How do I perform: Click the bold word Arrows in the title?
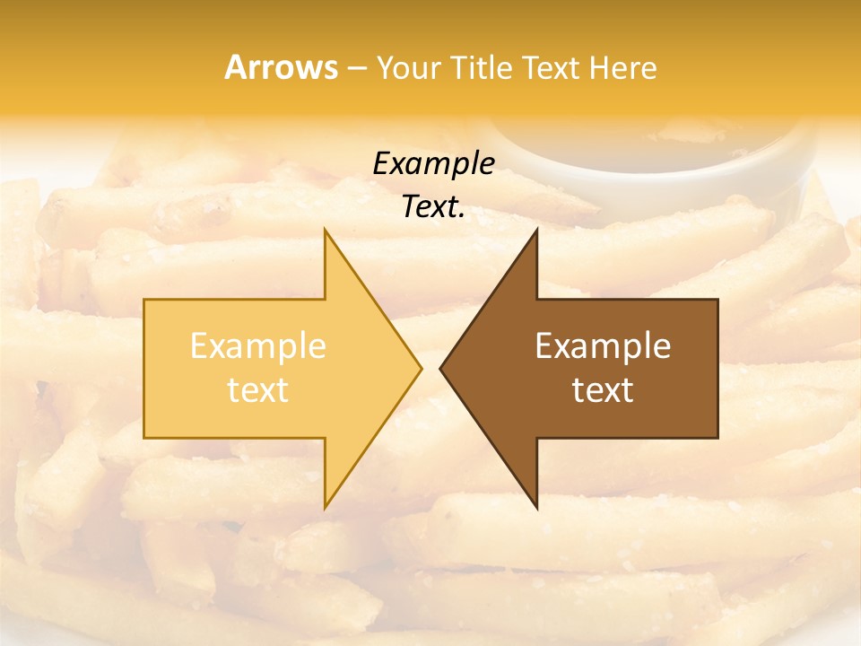[281, 67]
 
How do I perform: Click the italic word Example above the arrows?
[433, 163]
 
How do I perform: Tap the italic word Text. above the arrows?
[433, 206]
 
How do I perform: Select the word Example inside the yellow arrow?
[257, 346]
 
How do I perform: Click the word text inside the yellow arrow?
[257, 389]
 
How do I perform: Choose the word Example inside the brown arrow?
[603, 346]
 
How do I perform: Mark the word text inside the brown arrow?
[603, 389]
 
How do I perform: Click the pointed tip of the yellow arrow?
[420, 368]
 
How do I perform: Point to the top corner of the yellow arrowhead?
[325, 231]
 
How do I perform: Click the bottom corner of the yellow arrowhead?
[325, 507]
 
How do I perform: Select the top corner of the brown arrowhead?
[536, 231]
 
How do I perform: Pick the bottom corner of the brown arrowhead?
[536, 507]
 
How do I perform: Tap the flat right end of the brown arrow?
[717, 368]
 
